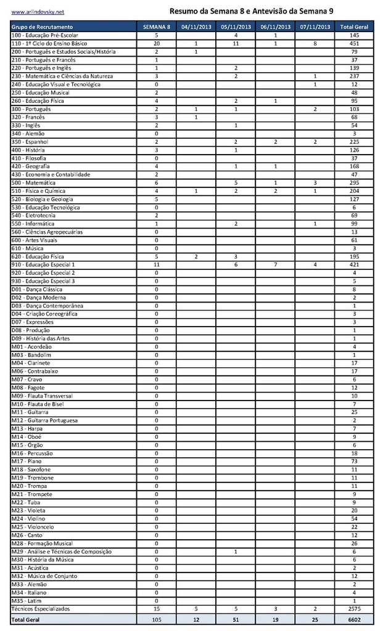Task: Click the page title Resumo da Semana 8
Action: point(252,11)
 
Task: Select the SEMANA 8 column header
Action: point(157,27)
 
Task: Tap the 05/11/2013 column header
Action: point(236,27)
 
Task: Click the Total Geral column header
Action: point(354,27)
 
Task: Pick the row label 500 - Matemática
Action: point(33,183)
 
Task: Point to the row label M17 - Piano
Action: point(27,462)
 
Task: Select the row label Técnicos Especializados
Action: point(41,609)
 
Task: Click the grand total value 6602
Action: point(354,619)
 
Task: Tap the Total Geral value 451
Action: point(354,44)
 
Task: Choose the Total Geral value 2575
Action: point(354,609)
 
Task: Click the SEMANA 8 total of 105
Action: point(157,619)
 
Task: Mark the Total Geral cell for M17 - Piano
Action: point(354,462)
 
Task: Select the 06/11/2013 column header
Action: point(275,27)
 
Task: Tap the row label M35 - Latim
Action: point(26,601)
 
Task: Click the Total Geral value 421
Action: point(354,264)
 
